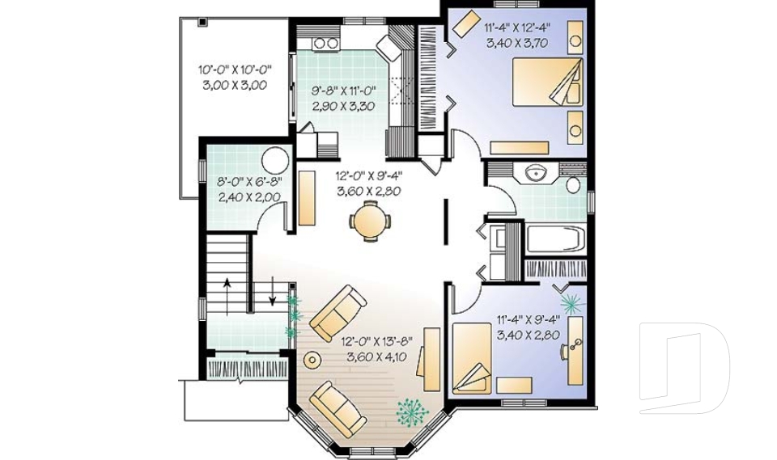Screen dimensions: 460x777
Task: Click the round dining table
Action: tap(370, 220)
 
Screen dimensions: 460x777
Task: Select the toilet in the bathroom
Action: tap(574, 185)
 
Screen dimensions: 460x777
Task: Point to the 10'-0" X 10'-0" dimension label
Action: tap(234, 77)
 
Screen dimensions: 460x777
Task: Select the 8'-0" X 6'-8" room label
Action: tap(248, 189)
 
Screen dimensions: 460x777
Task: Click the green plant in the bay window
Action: tap(412, 411)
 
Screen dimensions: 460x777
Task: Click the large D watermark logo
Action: tap(684, 367)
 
